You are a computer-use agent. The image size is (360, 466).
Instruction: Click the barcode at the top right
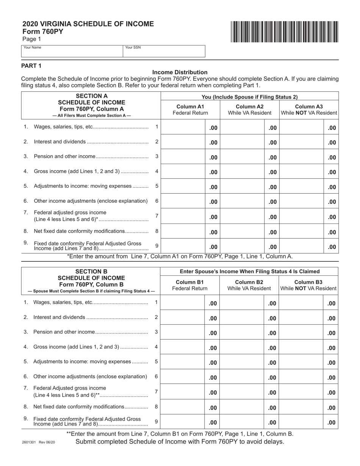coord(283,31)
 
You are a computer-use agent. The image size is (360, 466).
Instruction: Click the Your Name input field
coord(72,52)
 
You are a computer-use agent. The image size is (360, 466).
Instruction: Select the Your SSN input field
coord(164,52)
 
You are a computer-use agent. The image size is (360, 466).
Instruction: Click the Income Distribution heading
coord(180,72)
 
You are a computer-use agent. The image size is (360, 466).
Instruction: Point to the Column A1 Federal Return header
coord(190,109)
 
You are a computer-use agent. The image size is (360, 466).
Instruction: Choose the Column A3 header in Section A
coord(308,109)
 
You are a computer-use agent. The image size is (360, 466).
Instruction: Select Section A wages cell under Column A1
coord(183,128)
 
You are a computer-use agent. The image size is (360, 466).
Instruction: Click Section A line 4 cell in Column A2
coord(242,172)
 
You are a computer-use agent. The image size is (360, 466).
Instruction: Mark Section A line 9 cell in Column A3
coord(302,247)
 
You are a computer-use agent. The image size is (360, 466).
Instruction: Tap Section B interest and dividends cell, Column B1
coord(183,318)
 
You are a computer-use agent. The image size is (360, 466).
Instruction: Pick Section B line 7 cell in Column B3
coord(301,393)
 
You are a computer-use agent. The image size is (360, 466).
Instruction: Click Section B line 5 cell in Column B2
coord(242,363)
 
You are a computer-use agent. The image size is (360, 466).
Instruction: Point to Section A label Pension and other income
coord(64,156)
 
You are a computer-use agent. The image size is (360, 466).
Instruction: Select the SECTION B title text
coord(91,271)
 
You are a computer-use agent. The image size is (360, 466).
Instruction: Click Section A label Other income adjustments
coord(91,201)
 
